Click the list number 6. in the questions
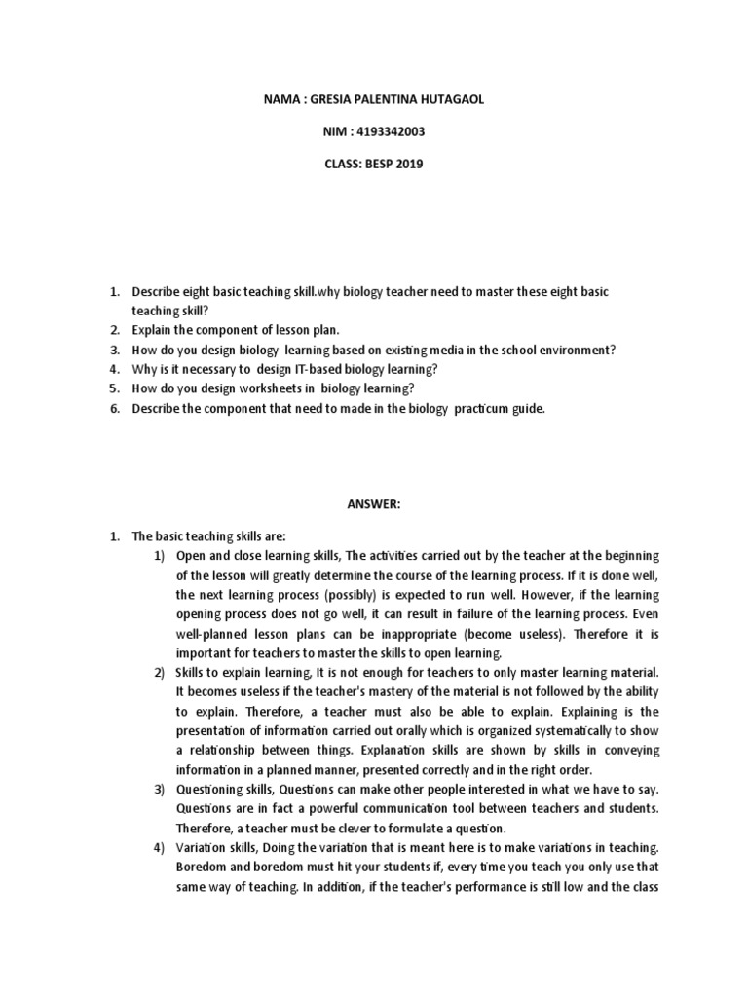point(113,409)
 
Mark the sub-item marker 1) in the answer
point(161,555)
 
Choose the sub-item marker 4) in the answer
point(161,847)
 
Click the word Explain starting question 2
point(154,330)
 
